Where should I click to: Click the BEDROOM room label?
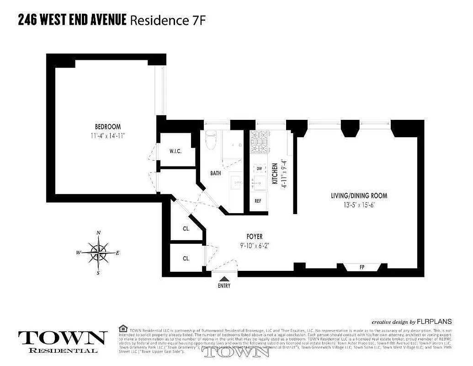point(108,127)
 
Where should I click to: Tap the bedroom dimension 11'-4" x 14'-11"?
point(108,135)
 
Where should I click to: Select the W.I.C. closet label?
point(176,151)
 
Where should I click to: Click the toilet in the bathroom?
point(211,140)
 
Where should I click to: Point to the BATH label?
point(216,173)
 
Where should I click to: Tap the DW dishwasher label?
point(259,169)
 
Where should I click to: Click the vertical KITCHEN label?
point(275,174)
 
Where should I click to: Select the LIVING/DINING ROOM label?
point(359,196)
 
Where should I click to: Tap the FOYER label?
point(255,237)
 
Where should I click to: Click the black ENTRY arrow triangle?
point(224,278)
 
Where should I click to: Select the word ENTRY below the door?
point(224,286)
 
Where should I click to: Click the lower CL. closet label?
point(186,258)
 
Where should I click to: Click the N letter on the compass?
point(99,233)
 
